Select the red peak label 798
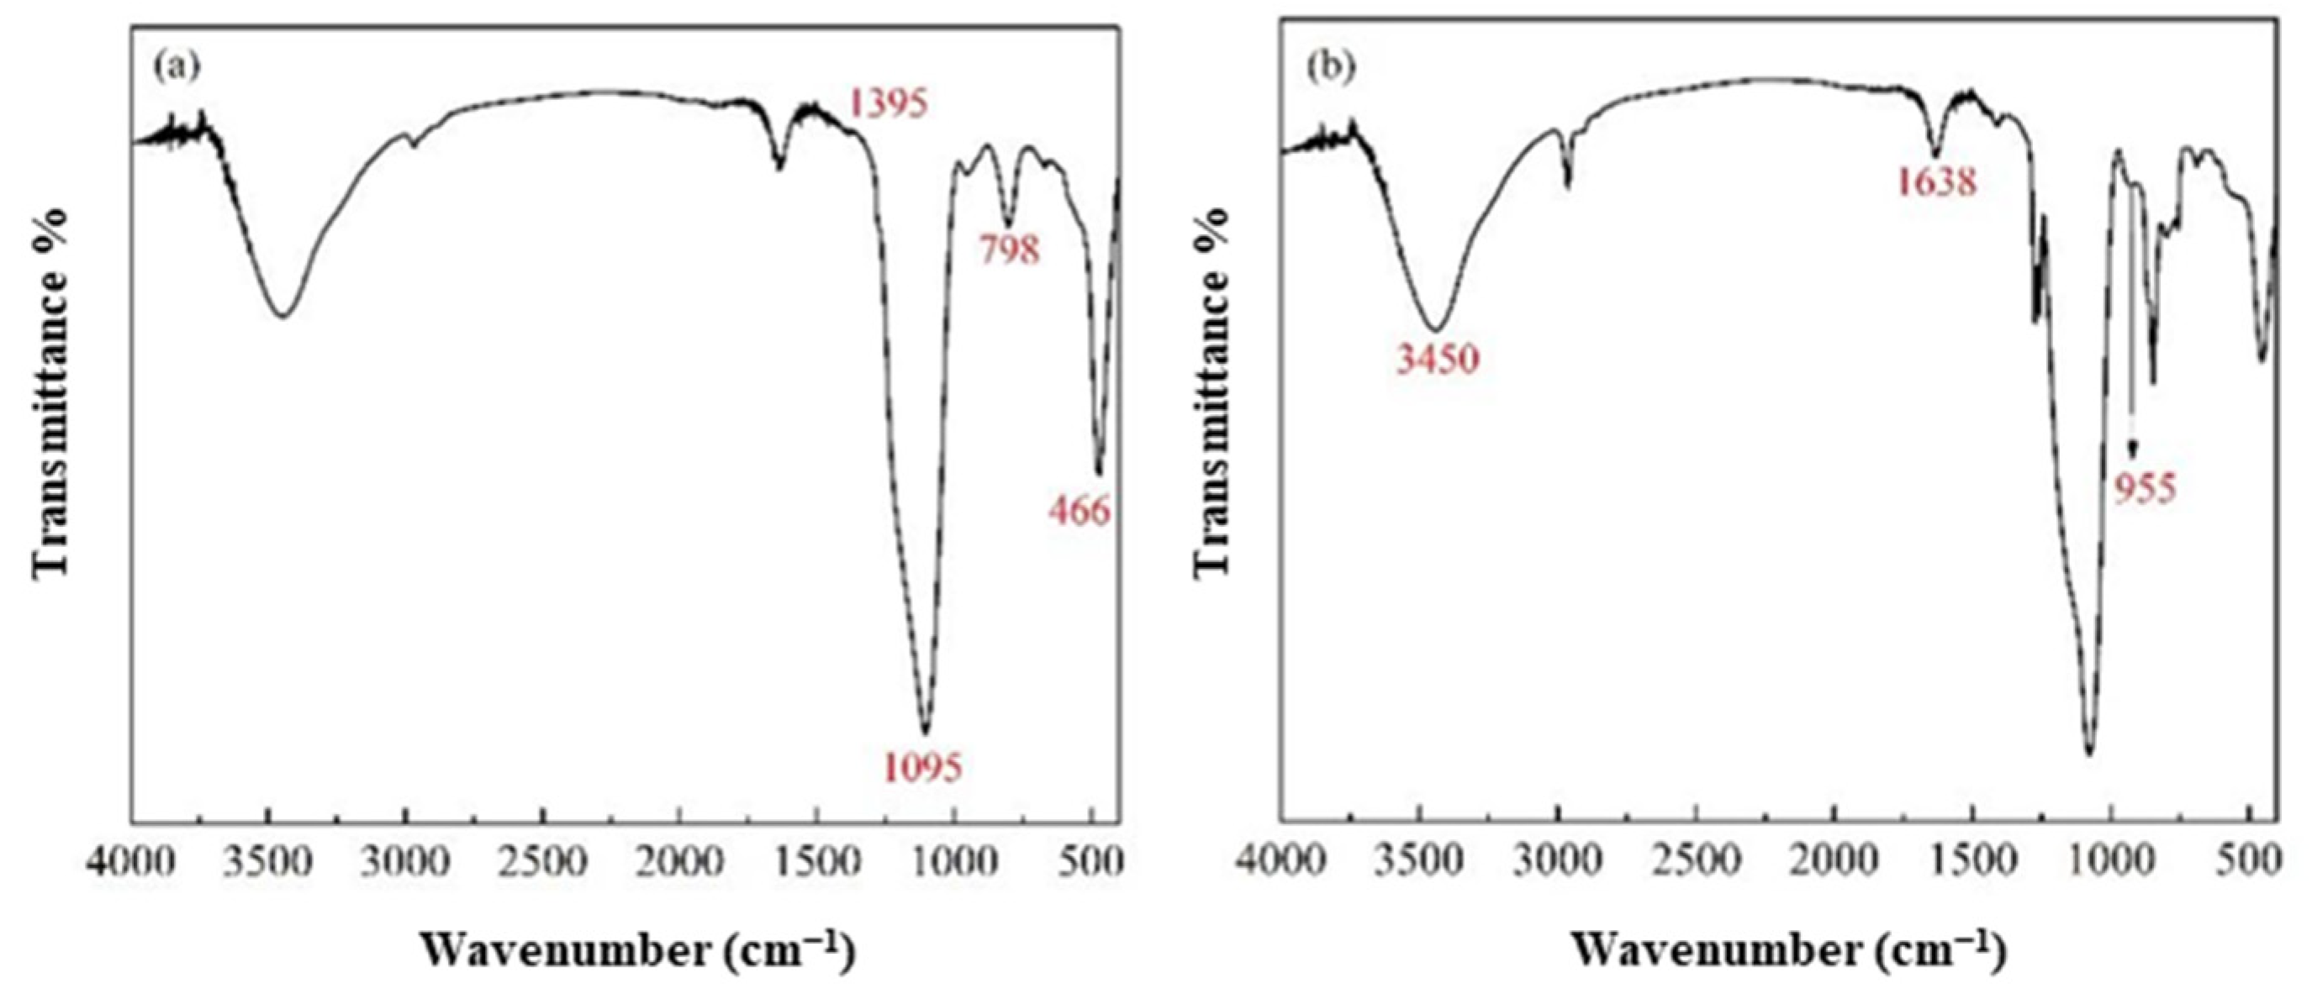1010,250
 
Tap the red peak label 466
1079,511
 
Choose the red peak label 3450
1436,360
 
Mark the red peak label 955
2145,491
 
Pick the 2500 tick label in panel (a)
543,863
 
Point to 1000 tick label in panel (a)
953,863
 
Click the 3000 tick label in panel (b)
1558,863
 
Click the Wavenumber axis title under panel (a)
636,951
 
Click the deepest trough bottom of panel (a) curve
926,732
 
